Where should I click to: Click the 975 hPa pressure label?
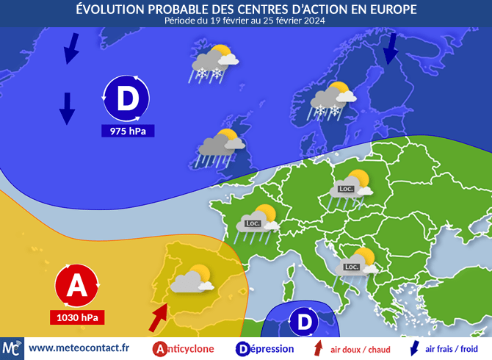(127, 132)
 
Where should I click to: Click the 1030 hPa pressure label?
(76, 318)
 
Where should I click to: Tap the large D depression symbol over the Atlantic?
(127, 98)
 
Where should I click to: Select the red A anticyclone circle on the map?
(76, 287)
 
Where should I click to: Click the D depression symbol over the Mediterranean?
(303, 322)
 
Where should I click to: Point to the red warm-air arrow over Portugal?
(159, 318)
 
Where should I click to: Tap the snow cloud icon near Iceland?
(214, 62)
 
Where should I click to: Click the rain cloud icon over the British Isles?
(220, 145)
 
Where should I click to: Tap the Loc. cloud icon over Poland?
(350, 187)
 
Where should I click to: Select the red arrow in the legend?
(317, 348)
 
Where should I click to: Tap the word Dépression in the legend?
(269, 348)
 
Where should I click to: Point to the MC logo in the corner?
(12, 348)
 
